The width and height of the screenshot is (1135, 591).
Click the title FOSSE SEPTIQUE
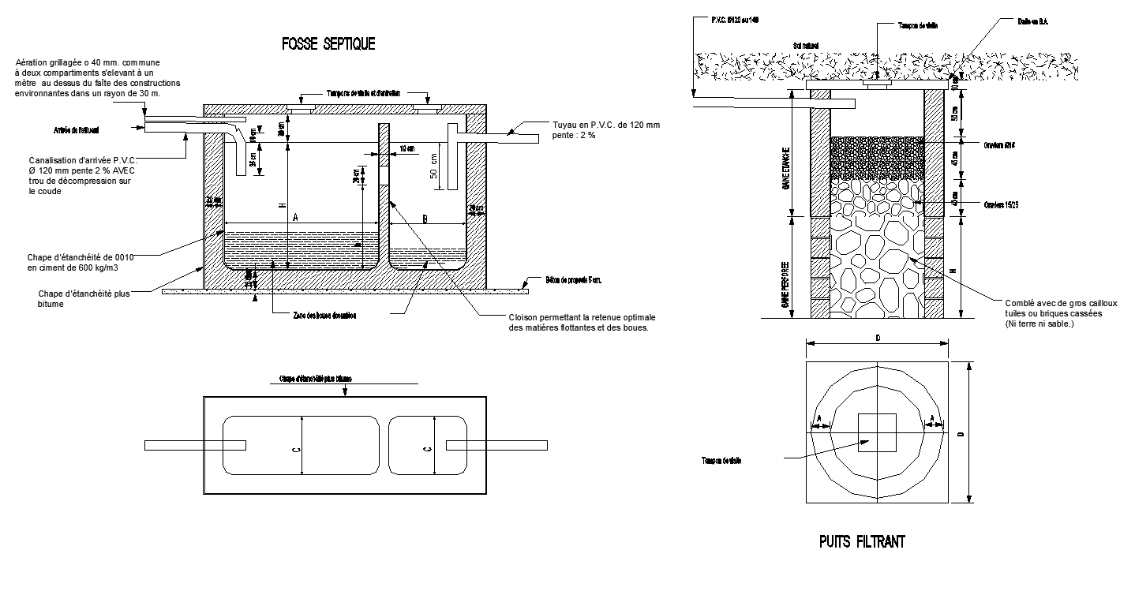pyautogui.click(x=328, y=44)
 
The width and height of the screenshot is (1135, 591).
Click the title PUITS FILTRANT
pyautogui.click(x=861, y=542)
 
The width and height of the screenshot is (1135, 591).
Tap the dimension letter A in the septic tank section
pyautogui.click(x=295, y=216)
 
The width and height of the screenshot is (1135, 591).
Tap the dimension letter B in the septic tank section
pyautogui.click(x=425, y=219)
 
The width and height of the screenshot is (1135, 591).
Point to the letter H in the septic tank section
pyautogui.click(x=282, y=205)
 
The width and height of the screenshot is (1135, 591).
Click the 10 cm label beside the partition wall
pyautogui.click(x=407, y=148)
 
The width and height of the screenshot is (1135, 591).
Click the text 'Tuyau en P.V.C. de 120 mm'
pyautogui.click(x=606, y=125)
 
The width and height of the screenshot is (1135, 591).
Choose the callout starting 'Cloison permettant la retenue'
pyautogui.click(x=582, y=317)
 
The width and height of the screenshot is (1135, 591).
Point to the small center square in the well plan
pyautogui.click(x=877, y=433)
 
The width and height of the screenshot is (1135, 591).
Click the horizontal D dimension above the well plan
pyautogui.click(x=877, y=338)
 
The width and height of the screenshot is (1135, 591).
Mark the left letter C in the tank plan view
pyautogui.click(x=295, y=449)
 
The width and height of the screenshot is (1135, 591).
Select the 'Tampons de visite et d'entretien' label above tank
pyautogui.click(x=364, y=93)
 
